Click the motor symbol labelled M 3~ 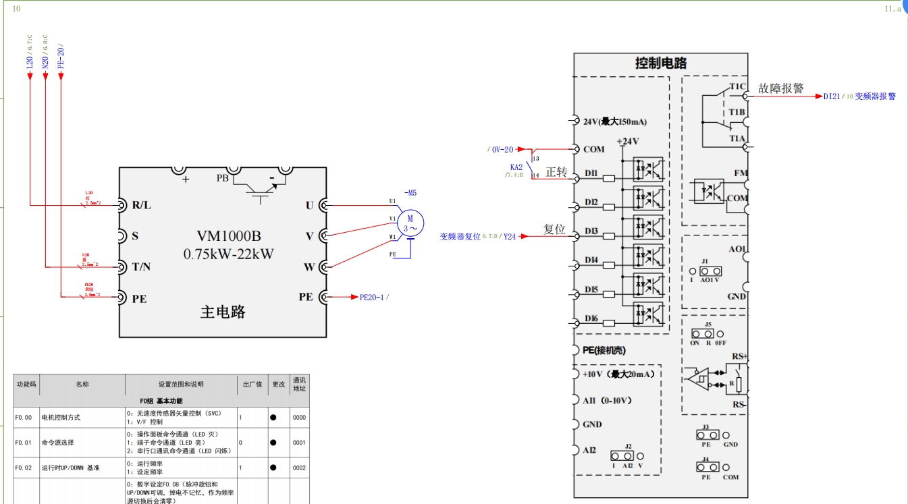click(409, 223)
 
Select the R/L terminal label click(141, 205)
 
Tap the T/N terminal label click(141, 267)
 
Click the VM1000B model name click(229, 236)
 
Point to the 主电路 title click(223, 312)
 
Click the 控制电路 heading click(661, 63)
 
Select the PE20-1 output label click(373, 297)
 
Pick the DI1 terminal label click(591, 174)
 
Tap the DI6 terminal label click(591, 318)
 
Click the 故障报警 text click(781, 88)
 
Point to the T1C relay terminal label click(737, 86)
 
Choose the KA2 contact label click(516, 167)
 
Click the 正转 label click(556, 172)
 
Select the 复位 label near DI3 click(554, 229)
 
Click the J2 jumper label click(628, 447)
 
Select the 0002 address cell click(299, 468)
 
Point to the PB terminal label click(222, 178)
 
